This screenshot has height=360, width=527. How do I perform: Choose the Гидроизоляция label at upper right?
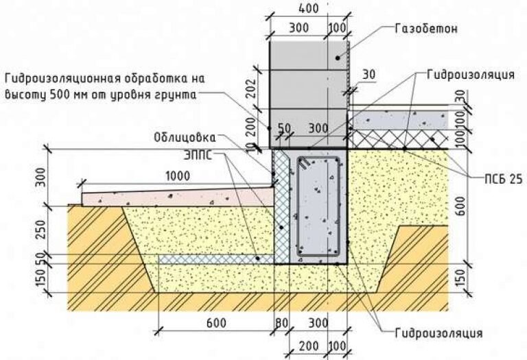coord(464,73)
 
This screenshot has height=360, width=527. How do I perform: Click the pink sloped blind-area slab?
coord(172,196)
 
